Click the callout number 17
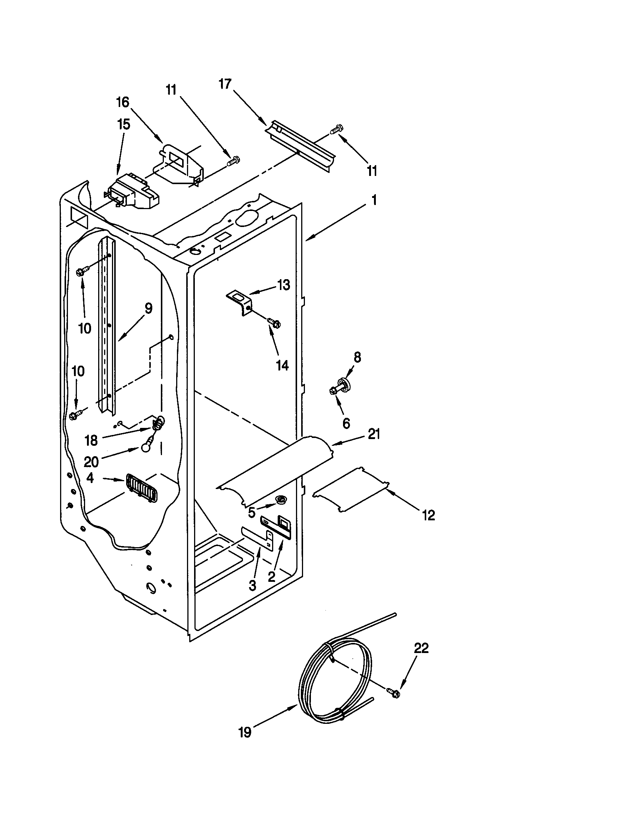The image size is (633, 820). point(225,84)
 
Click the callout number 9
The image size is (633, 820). point(148,308)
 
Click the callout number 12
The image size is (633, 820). point(428,515)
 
